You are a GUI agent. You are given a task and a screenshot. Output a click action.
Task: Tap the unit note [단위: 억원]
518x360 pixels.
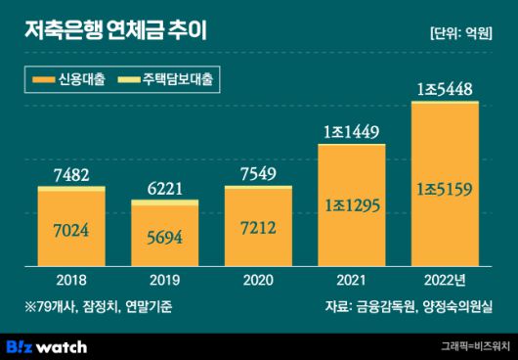coord(460,31)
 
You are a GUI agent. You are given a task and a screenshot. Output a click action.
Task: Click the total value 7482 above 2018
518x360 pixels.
coord(70,174)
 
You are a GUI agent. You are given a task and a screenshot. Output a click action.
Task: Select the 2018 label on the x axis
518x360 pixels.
coord(70,277)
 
